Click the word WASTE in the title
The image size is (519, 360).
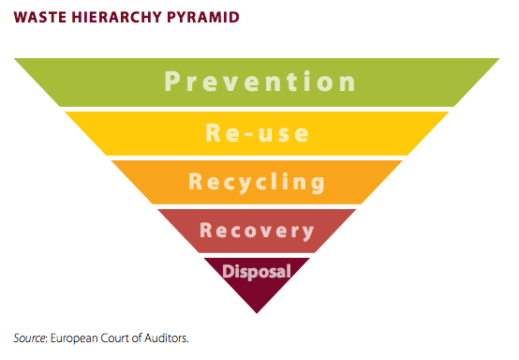40,17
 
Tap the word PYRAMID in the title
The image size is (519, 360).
203,17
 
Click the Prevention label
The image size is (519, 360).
259,82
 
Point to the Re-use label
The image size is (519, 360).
258,133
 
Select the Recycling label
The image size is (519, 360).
257,183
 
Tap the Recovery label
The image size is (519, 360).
257,231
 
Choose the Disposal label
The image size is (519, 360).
257,272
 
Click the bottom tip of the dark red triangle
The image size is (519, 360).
257,313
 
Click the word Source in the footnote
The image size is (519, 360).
30,338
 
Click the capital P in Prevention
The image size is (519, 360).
171,82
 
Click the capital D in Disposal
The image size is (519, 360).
228,271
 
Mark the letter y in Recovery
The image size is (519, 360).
307,232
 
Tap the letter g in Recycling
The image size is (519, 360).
319,185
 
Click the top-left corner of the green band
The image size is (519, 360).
14,59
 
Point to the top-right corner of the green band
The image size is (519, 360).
499,59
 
